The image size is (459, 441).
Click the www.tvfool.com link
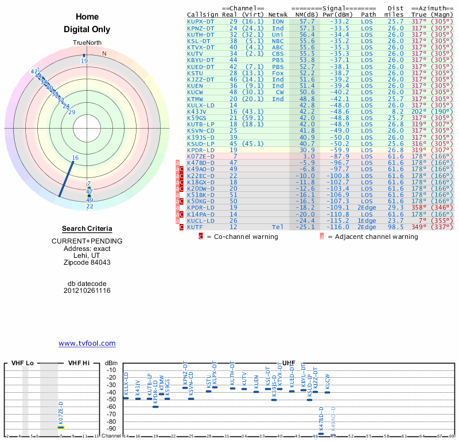(87, 343)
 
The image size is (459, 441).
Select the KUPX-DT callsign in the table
(201, 21)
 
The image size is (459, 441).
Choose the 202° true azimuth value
(419, 111)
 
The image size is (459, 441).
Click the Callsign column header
(203, 14)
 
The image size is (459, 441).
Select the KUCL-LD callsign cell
(201, 220)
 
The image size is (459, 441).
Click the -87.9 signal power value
(339, 156)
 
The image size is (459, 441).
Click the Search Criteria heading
(87, 229)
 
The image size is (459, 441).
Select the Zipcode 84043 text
(87, 262)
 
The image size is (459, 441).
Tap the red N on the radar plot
(104, 53)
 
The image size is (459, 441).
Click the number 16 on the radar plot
(75, 157)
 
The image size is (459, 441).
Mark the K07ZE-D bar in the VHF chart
(60, 427)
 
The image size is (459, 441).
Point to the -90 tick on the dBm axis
(111, 428)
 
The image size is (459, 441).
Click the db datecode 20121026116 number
(87, 291)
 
